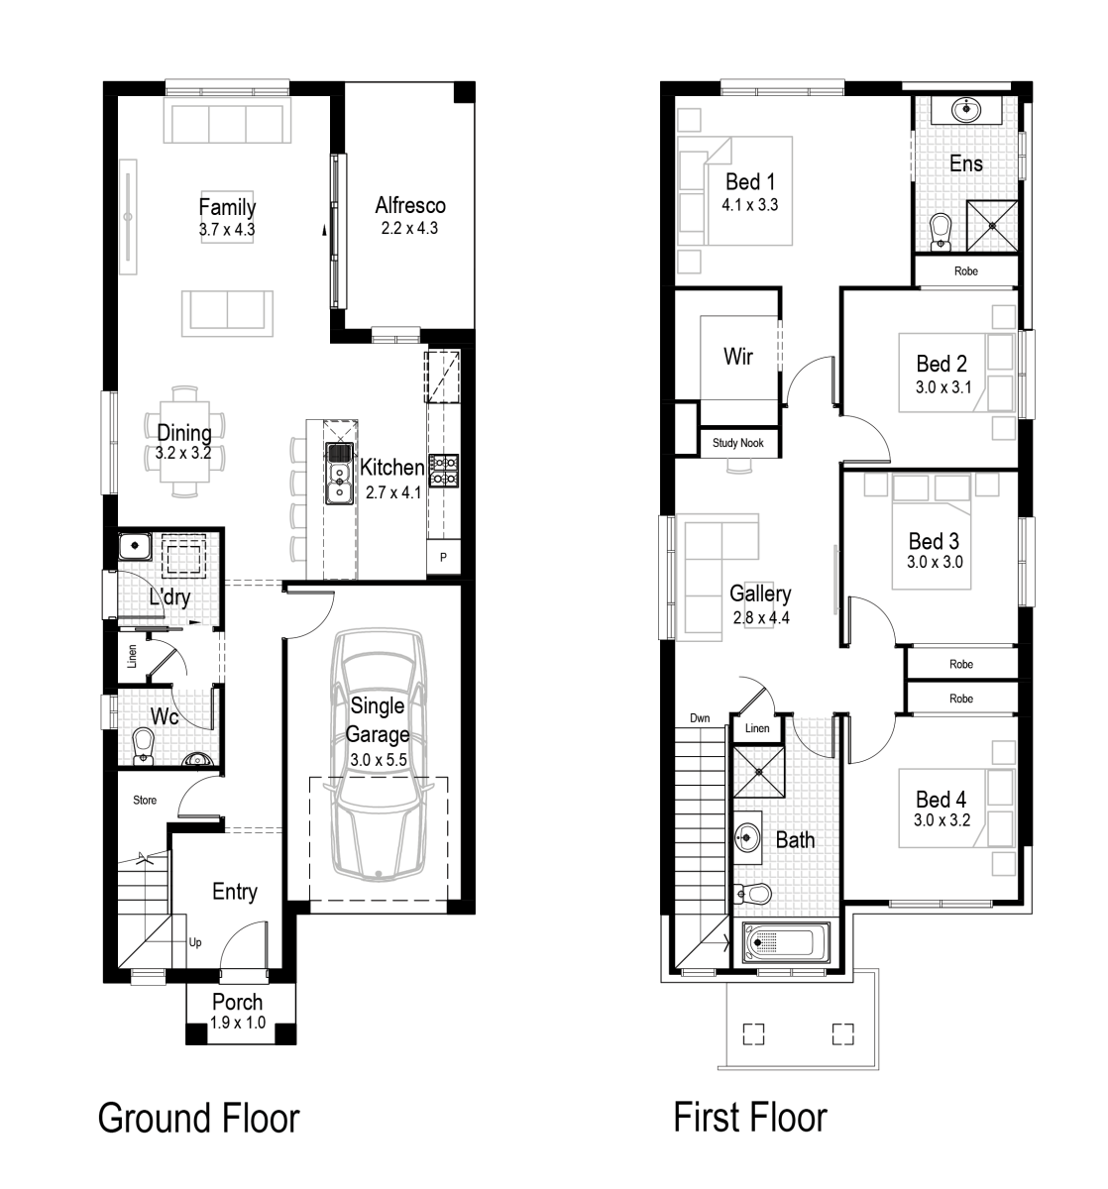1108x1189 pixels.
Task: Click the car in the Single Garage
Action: [x=378, y=753]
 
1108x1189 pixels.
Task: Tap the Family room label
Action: [x=227, y=207]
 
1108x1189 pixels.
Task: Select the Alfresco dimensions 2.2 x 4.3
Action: [x=409, y=228]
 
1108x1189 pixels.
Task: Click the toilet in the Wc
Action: [x=144, y=745]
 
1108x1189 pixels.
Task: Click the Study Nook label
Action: [x=738, y=443]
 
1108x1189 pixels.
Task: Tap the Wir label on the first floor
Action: [x=738, y=357]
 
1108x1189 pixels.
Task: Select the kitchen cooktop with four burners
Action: [x=443, y=471]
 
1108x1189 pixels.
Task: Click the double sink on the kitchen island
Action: [x=338, y=473]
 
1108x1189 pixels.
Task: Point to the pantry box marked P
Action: [x=443, y=557]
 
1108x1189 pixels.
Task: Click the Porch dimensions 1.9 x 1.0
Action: [x=238, y=1024]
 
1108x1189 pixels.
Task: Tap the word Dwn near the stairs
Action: [x=700, y=718]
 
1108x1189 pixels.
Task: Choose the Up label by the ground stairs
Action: [x=195, y=943]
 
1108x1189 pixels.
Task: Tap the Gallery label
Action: [x=760, y=594]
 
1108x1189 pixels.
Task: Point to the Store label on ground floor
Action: [x=145, y=800]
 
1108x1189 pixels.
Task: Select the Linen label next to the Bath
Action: [x=756, y=729]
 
